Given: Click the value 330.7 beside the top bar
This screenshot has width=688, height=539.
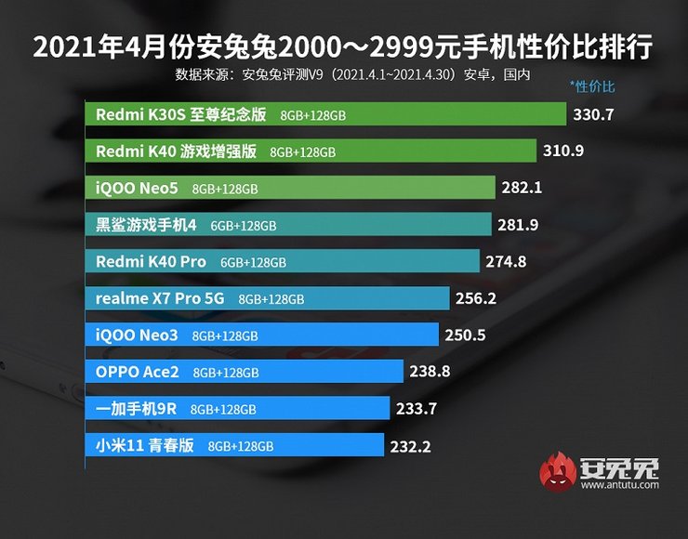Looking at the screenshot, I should point(597,115).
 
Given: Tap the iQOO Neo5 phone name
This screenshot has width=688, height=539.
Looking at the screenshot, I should point(138,188).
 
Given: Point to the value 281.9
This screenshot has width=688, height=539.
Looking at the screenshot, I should point(519,225).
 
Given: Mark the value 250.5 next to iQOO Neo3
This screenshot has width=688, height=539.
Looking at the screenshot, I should point(466,335).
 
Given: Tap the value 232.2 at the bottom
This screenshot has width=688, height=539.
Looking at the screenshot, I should point(411,446).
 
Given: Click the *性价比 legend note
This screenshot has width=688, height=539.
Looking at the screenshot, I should point(592,86).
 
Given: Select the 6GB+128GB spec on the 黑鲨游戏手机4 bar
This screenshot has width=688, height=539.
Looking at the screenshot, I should point(244,225).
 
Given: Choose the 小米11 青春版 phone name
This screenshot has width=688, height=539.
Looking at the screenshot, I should point(145,445).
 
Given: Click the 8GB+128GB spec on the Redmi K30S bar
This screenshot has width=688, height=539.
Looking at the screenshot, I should point(311,115).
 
